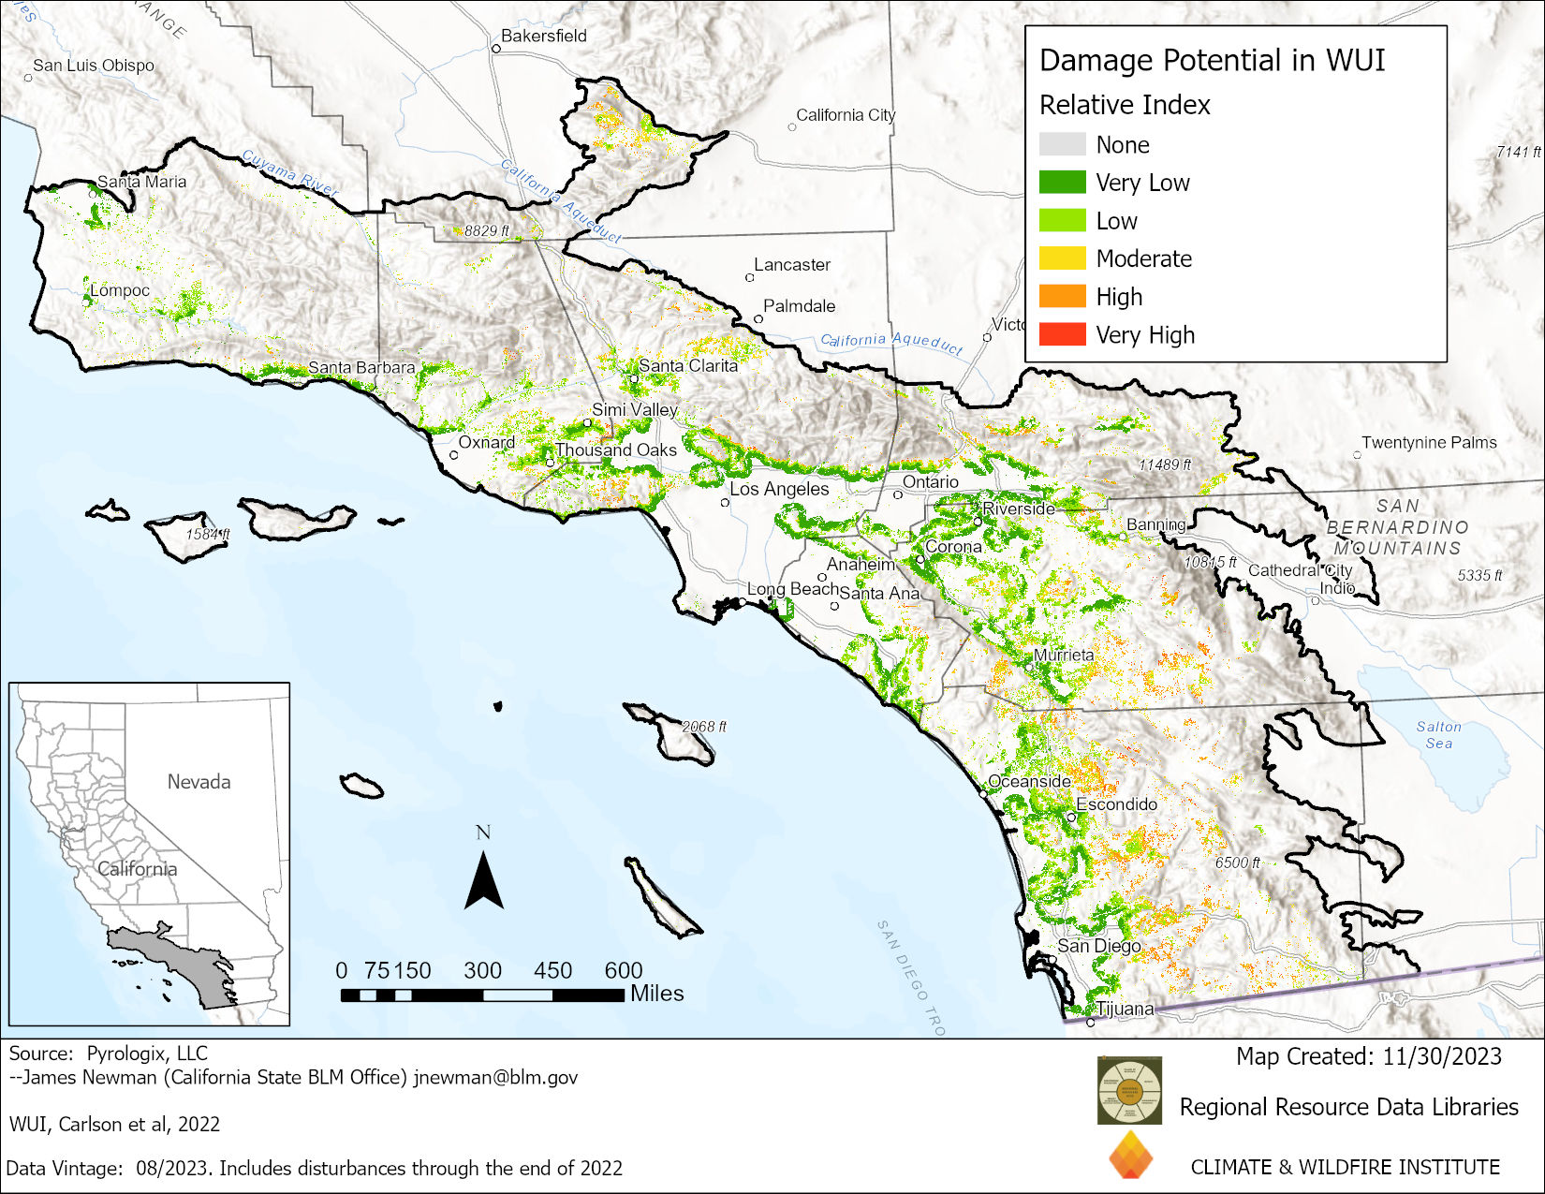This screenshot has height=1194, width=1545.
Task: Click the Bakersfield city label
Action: tap(543, 37)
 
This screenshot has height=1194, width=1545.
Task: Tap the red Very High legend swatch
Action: tap(1062, 334)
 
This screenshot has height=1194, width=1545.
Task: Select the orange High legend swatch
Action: tap(1062, 296)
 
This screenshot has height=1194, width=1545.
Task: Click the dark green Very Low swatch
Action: tap(1062, 182)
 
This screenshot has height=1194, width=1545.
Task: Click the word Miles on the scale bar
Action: tap(656, 994)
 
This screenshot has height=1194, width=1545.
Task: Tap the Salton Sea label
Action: tap(1438, 734)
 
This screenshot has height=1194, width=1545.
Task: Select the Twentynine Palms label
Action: tap(1429, 442)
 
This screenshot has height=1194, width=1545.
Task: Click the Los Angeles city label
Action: tap(779, 489)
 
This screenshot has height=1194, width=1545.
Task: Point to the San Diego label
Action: tap(1098, 946)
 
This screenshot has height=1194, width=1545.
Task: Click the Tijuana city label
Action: tap(1125, 1009)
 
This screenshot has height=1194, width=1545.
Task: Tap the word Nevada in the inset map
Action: tap(199, 781)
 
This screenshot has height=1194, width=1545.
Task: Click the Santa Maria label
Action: tap(142, 182)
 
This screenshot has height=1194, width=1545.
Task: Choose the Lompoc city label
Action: tap(120, 290)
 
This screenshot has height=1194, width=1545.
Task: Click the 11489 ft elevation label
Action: tap(1164, 464)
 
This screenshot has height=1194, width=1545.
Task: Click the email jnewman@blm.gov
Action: tap(495, 1077)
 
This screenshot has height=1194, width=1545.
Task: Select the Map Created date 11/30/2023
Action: tap(1441, 1056)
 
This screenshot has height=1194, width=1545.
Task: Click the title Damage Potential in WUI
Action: tap(1212, 61)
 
